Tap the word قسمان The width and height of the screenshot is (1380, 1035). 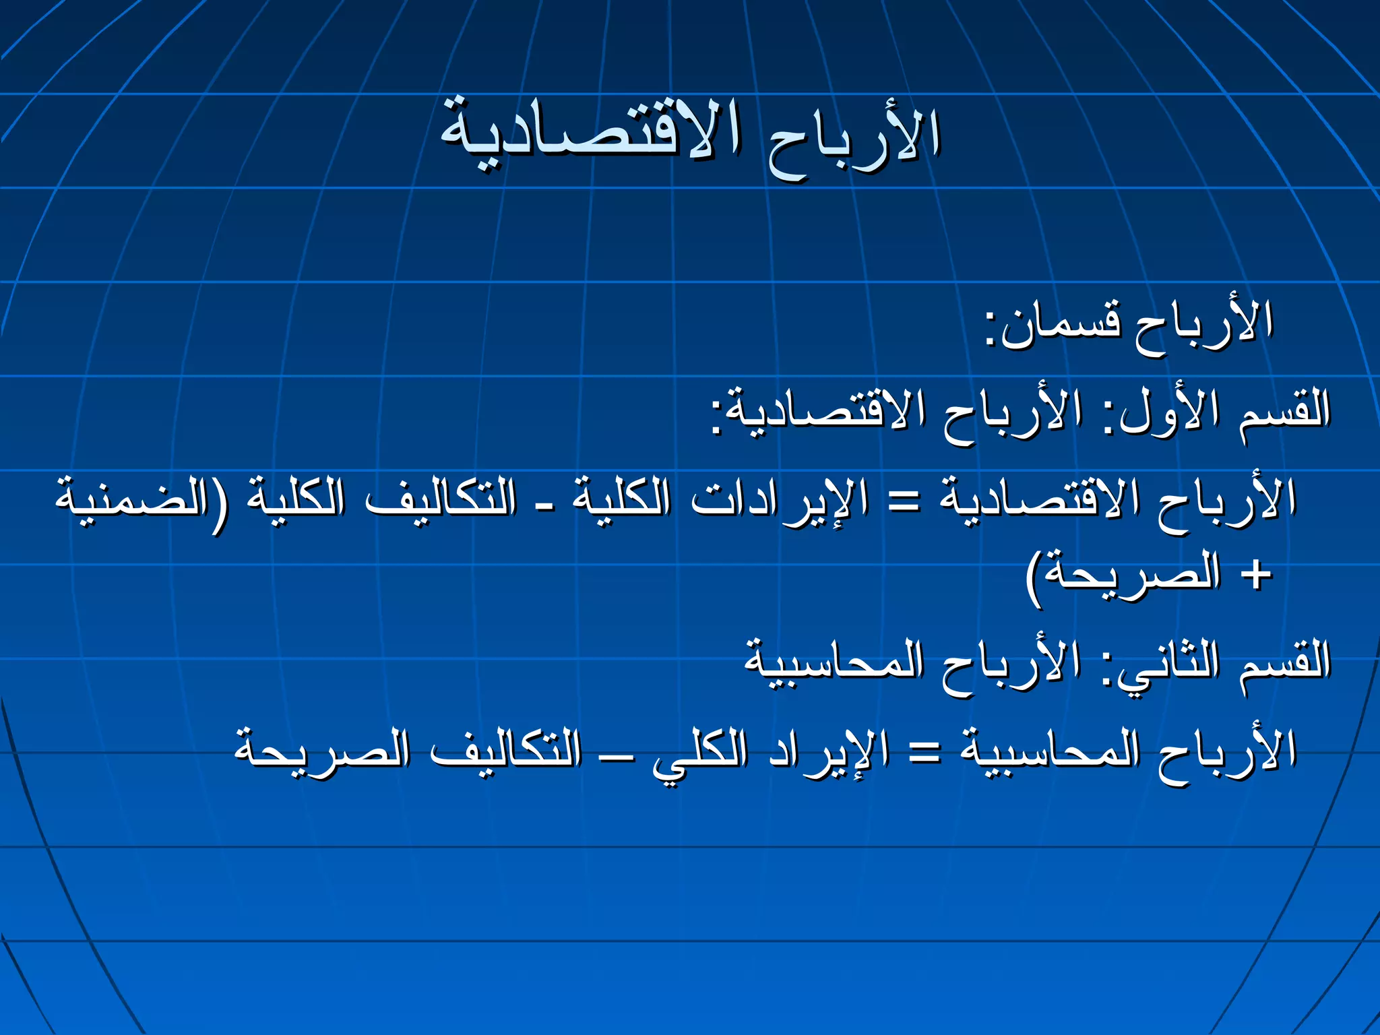coord(1061,323)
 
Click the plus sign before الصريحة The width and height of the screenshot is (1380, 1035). coord(1255,576)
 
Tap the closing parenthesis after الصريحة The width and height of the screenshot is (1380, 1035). coord(1035,579)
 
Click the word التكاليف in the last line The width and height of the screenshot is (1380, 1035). coord(505,751)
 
